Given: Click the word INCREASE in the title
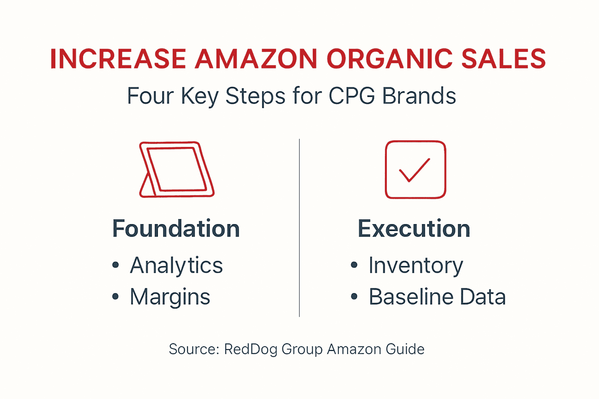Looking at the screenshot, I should point(118,59).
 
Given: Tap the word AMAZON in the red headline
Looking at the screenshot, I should point(256,59).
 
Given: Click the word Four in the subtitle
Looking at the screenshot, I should point(150,96).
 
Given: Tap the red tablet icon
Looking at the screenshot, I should point(177,169).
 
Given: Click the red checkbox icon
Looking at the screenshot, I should point(415,169).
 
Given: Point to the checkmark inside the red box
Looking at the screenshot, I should point(414,170).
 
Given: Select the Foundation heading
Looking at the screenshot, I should point(176,229).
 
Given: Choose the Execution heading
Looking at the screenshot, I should point(414,229).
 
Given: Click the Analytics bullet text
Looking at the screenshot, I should point(176,266).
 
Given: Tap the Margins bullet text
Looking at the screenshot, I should point(170,297).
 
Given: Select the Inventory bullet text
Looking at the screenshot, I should point(416,266).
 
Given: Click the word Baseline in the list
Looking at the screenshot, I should point(411,297).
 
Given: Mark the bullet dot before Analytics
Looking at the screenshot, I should point(115,265).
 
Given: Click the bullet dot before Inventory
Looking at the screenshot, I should point(354,265).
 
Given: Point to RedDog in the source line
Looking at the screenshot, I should point(250,349).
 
